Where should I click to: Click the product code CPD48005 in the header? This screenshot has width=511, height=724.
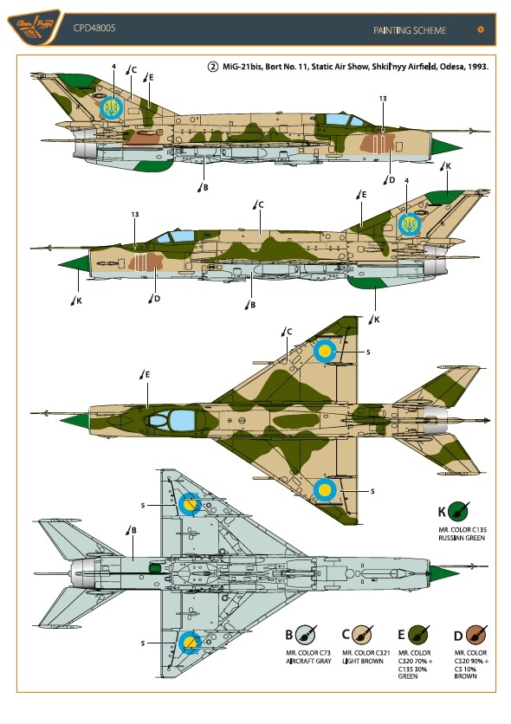coord(94,29)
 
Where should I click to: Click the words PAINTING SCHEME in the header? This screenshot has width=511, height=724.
coord(410,30)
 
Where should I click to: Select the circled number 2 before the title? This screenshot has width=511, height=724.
coord(212,67)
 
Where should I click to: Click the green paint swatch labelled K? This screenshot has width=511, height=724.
coord(458,511)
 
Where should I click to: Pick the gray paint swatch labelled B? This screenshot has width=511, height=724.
coord(306,635)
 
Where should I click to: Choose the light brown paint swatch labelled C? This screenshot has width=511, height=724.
coord(361,635)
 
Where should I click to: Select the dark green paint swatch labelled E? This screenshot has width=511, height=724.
coord(418,635)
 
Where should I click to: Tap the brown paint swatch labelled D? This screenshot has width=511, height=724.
coord(475,635)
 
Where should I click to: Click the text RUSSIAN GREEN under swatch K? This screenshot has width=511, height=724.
coord(462,538)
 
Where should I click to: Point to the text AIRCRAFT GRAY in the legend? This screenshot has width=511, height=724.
coord(309,661)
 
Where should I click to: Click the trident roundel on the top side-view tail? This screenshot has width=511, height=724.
coord(111,108)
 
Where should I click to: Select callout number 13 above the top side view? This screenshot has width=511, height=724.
coord(383,99)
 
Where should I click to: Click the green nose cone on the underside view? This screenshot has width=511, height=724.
coord(444,573)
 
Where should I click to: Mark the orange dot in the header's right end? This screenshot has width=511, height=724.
coord(481,29)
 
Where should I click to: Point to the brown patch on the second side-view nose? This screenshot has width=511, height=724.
coord(146,262)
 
